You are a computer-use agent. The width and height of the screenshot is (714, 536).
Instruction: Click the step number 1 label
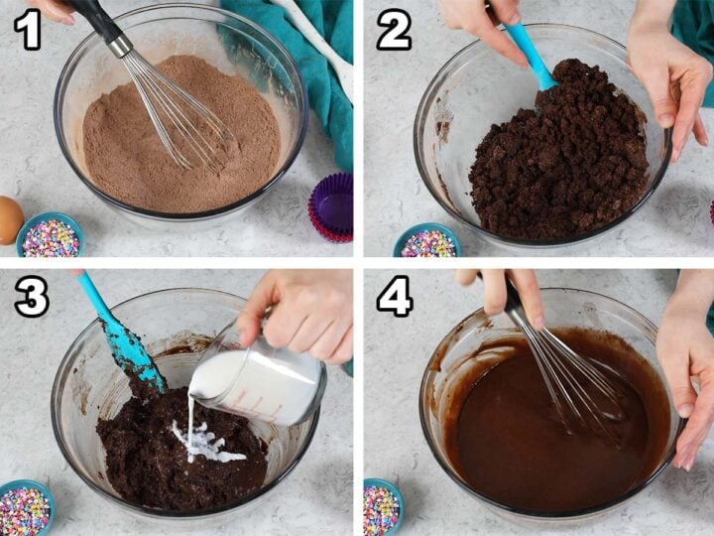click(x=28, y=30)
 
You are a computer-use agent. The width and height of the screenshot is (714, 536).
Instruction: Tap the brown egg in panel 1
click(x=9, y=219)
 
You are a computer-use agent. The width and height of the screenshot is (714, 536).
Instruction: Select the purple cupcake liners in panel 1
click(x=332, y=206)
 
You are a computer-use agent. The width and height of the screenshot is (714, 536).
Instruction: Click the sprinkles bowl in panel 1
click(x=50, y=236)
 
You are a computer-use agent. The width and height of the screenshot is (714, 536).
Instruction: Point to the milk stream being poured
click(x=190, y=417)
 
